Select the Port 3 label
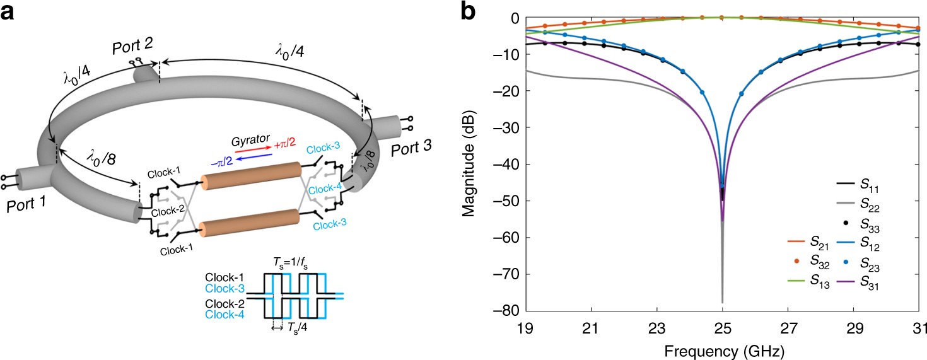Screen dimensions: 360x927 pos(412,150)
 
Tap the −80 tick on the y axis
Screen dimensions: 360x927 pos(508,311)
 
